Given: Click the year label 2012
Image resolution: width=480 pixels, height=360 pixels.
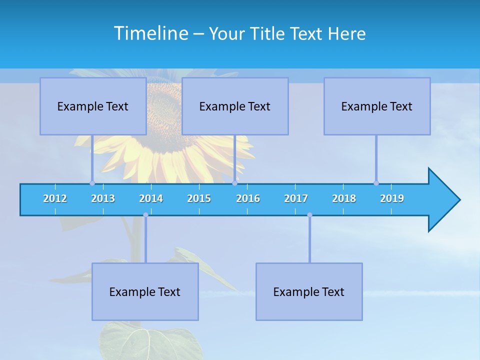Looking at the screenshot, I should click(x=55, y=198).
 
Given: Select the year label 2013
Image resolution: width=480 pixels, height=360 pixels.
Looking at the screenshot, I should click(x=103, y=198).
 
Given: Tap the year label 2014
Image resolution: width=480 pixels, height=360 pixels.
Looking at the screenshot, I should click(x=151, y=198).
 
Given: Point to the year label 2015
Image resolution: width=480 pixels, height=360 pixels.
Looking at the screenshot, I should click(x=199, y=198).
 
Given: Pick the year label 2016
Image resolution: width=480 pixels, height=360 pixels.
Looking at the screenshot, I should click(x=248, y=198).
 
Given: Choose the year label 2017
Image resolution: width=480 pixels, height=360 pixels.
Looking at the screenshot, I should click(x=296, y=198).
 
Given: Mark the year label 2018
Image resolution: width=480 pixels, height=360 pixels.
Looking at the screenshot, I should click(x=344, y=198).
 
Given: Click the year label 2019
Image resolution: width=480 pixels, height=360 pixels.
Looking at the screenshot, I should click(x=392, y=198).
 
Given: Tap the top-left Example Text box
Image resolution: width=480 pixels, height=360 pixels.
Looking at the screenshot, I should click(x=93, y=106).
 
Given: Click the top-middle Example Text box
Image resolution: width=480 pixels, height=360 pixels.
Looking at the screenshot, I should click(x=235, y=106).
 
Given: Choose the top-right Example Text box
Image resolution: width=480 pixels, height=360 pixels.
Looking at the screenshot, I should click(x=377, y=106).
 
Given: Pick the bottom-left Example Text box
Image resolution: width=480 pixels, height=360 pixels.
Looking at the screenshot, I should click(x=145, y=291).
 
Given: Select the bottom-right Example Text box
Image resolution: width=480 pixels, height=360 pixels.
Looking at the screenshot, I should click(x=309, y=291).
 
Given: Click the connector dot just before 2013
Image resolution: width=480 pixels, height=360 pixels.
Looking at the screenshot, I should click(x=92, y=183).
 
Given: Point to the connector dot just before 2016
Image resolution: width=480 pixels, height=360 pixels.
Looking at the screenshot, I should click(x=234, y=183).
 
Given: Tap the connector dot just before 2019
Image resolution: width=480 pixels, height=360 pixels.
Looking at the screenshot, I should click(x=376, y=183).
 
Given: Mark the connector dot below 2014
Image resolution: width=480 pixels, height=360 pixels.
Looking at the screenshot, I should click(x=145, y=215).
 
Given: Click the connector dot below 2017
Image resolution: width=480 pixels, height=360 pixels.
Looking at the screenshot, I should click(x=309, y=215).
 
